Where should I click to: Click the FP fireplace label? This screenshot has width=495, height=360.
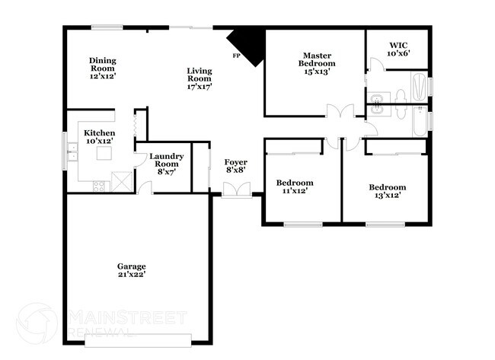coord(236,56)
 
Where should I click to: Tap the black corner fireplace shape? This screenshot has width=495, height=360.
coord(250,44)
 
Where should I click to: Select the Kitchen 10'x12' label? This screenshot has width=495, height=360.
coord(100,137)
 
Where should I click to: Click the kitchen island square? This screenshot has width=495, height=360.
coord(104,153)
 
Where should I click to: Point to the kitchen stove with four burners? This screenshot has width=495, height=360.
coord(98,186)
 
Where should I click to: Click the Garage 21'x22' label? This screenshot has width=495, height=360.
coord(132,270)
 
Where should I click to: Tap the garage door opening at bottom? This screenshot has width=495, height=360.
coord(138,340)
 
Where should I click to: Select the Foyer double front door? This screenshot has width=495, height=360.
coord(237,190)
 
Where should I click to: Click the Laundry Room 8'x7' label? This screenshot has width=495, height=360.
coord(166,164)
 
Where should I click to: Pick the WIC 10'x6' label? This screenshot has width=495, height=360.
coord(398,49)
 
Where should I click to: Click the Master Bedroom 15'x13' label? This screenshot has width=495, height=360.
coord(317,63)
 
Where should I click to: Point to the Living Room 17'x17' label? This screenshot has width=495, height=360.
coord(200,78)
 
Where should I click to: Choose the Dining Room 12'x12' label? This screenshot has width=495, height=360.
coord(103,68)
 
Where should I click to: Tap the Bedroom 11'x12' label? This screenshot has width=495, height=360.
coord(295,186)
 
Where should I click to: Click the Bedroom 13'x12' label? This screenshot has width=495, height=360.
coord(388,191)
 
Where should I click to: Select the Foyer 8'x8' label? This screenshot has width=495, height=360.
coord(236,166)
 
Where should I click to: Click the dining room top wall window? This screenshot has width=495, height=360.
coord(107,27)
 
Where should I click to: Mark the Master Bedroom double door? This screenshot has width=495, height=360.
coord(340,111)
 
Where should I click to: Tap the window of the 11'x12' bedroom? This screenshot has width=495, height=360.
coord(303,225)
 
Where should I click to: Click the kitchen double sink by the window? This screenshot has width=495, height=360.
coord(72,151)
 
